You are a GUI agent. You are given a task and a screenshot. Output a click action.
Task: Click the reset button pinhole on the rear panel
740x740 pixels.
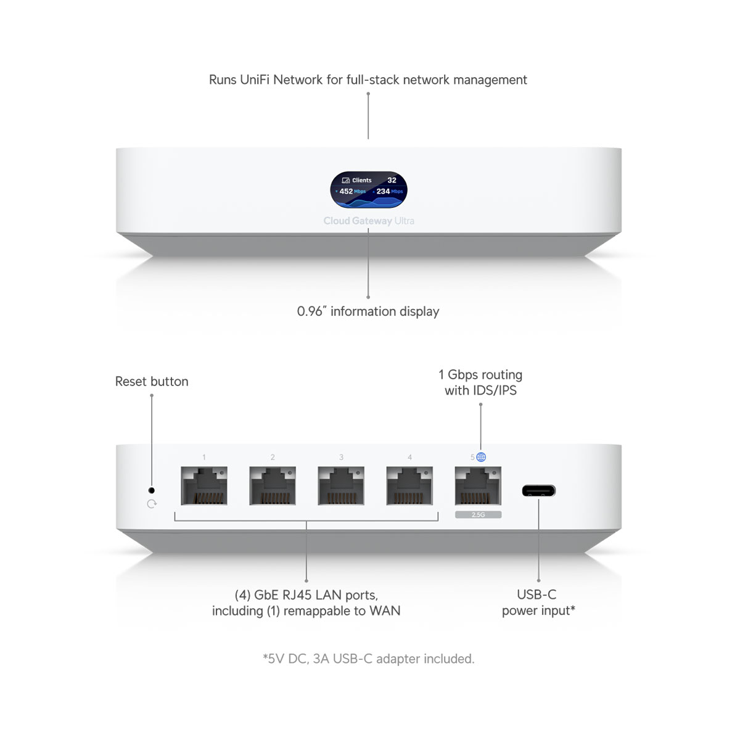[x=151, y=490]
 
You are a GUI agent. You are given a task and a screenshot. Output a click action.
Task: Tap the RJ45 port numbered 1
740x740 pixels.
[x=204, y=485]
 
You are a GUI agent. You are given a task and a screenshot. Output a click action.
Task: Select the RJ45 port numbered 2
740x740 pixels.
[x=273, y=485]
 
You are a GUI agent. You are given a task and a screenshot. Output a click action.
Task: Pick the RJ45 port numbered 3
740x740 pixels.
[x=341, y=485]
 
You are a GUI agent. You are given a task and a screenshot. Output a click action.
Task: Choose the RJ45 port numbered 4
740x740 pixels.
[x=409, y=485]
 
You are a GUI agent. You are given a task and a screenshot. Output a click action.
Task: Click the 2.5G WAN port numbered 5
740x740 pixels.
[x=478, y=485]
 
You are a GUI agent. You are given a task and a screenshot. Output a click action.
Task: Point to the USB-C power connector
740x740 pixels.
[x=539, y=490]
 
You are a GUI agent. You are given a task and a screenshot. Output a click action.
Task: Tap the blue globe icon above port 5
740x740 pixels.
[x=481, y=457]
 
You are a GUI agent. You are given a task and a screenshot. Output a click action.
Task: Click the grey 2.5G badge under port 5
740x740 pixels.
[x=478, y=514]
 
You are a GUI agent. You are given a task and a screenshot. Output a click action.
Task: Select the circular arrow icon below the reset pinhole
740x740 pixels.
[x=152, y=504]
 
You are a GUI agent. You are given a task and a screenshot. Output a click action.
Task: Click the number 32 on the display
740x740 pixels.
[x=392, y=180]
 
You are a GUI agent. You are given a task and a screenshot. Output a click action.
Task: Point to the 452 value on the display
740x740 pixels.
[x=346, y=191]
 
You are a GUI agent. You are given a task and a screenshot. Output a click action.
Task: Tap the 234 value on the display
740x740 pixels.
[x=383, y=191]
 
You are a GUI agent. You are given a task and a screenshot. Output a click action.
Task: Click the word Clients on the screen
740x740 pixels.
[x=362, y=180]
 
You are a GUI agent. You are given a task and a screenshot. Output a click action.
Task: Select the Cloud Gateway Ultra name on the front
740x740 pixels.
[x=369, y=221]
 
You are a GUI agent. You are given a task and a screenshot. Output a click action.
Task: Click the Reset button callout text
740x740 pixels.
[x=152, y=381]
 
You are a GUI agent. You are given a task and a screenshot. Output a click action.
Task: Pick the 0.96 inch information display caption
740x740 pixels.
[x=368, y=311]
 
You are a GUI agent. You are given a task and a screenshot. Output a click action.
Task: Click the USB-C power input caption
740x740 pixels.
[x=538, y=602]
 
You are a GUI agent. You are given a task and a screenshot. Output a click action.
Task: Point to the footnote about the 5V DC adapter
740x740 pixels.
[x=369, y=659]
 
